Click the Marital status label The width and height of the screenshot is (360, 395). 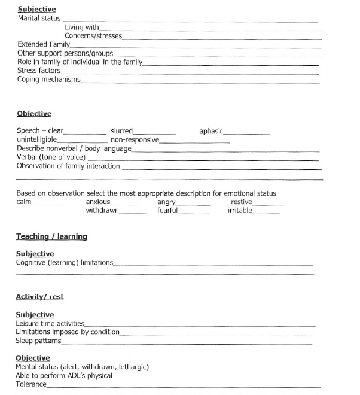click(39, 18)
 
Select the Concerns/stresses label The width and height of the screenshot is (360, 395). click(93, 36)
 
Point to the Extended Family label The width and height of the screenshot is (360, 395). click(44, 45)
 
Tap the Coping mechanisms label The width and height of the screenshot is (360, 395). click(48, 80)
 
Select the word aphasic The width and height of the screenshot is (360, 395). click(211, 131)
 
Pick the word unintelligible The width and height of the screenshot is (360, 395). click(36, 139)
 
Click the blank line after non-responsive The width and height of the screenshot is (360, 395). click(194, 142)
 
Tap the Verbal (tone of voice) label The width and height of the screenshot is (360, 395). click(51, 157)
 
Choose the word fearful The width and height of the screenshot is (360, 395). click(167, 211)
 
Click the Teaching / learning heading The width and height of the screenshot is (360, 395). click(51, 237)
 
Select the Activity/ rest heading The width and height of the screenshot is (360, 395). click(39, 297)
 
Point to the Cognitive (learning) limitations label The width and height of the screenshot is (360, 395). click(64, 263)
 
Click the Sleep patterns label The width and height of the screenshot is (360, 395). click(38, 341)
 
